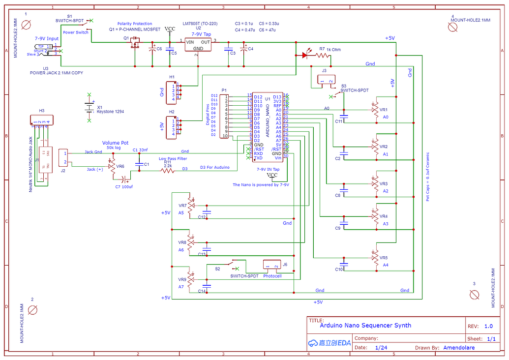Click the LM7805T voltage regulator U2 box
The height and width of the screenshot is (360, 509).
(198, 45)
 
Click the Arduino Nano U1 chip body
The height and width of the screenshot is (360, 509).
(268, 127)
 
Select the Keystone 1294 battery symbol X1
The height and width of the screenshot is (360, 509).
(89, 107)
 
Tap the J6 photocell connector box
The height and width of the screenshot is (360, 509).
(272, 266)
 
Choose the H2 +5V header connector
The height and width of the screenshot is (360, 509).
(171, 127)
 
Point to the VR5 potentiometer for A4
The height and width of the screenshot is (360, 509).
(376, 257)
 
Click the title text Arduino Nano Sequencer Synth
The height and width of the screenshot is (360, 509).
(365, 325)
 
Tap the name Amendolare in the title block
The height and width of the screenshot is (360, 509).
(459, 347)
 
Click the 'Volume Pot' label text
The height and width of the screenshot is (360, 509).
(115, 143)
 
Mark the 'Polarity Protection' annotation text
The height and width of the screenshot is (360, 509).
(135, 24)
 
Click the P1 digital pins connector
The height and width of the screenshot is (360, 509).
(224, 117)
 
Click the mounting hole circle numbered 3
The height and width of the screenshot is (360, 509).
(475, 294)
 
